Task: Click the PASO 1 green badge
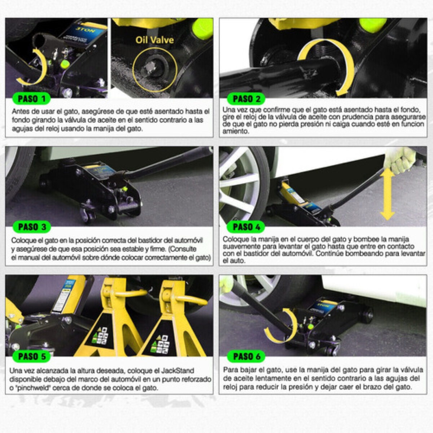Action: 31,99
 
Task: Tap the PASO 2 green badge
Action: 246,99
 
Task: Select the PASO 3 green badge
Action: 32,227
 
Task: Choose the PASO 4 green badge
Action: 246,227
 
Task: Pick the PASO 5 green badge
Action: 31,357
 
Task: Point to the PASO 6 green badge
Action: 246,357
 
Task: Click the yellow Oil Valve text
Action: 154,40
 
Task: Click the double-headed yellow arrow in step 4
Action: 388,194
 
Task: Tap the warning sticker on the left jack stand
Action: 100,336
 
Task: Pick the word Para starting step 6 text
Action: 229,369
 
